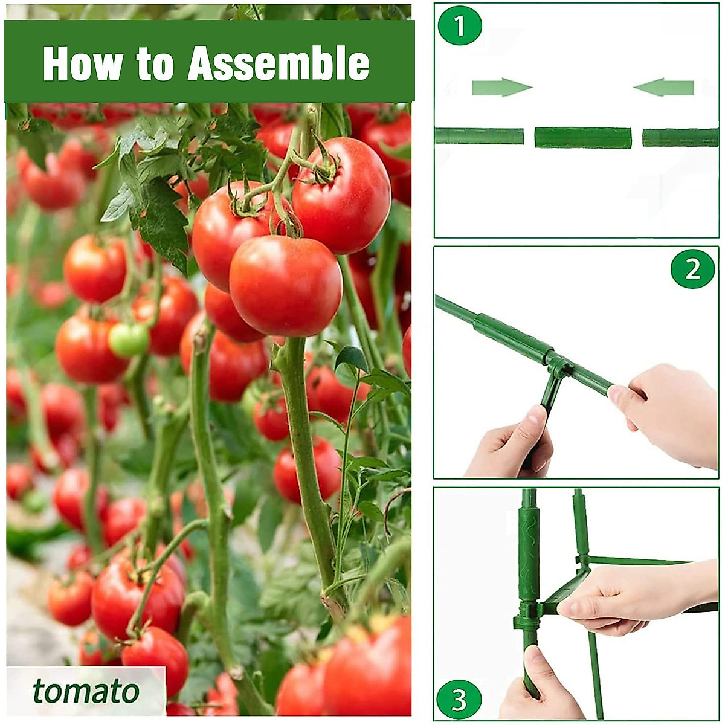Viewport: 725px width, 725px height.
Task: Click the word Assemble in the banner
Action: (x=279, y=63)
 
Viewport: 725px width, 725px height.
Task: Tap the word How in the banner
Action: (x=82, y=63)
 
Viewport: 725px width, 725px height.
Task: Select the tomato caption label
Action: (x=85, y=691)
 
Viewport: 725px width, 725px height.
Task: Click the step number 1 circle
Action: (x=460, y=27)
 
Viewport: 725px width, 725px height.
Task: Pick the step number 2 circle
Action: (x=692, y=268)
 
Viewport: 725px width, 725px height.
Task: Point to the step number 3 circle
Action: (x=460, y=700)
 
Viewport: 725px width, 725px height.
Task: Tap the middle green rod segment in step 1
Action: (x=583, y=138)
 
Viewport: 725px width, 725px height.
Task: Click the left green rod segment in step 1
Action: (x=479, y=136)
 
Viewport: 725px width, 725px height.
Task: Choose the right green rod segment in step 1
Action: (x=680, y=138)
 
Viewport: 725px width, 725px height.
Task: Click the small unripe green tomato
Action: (x=129, y=339)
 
